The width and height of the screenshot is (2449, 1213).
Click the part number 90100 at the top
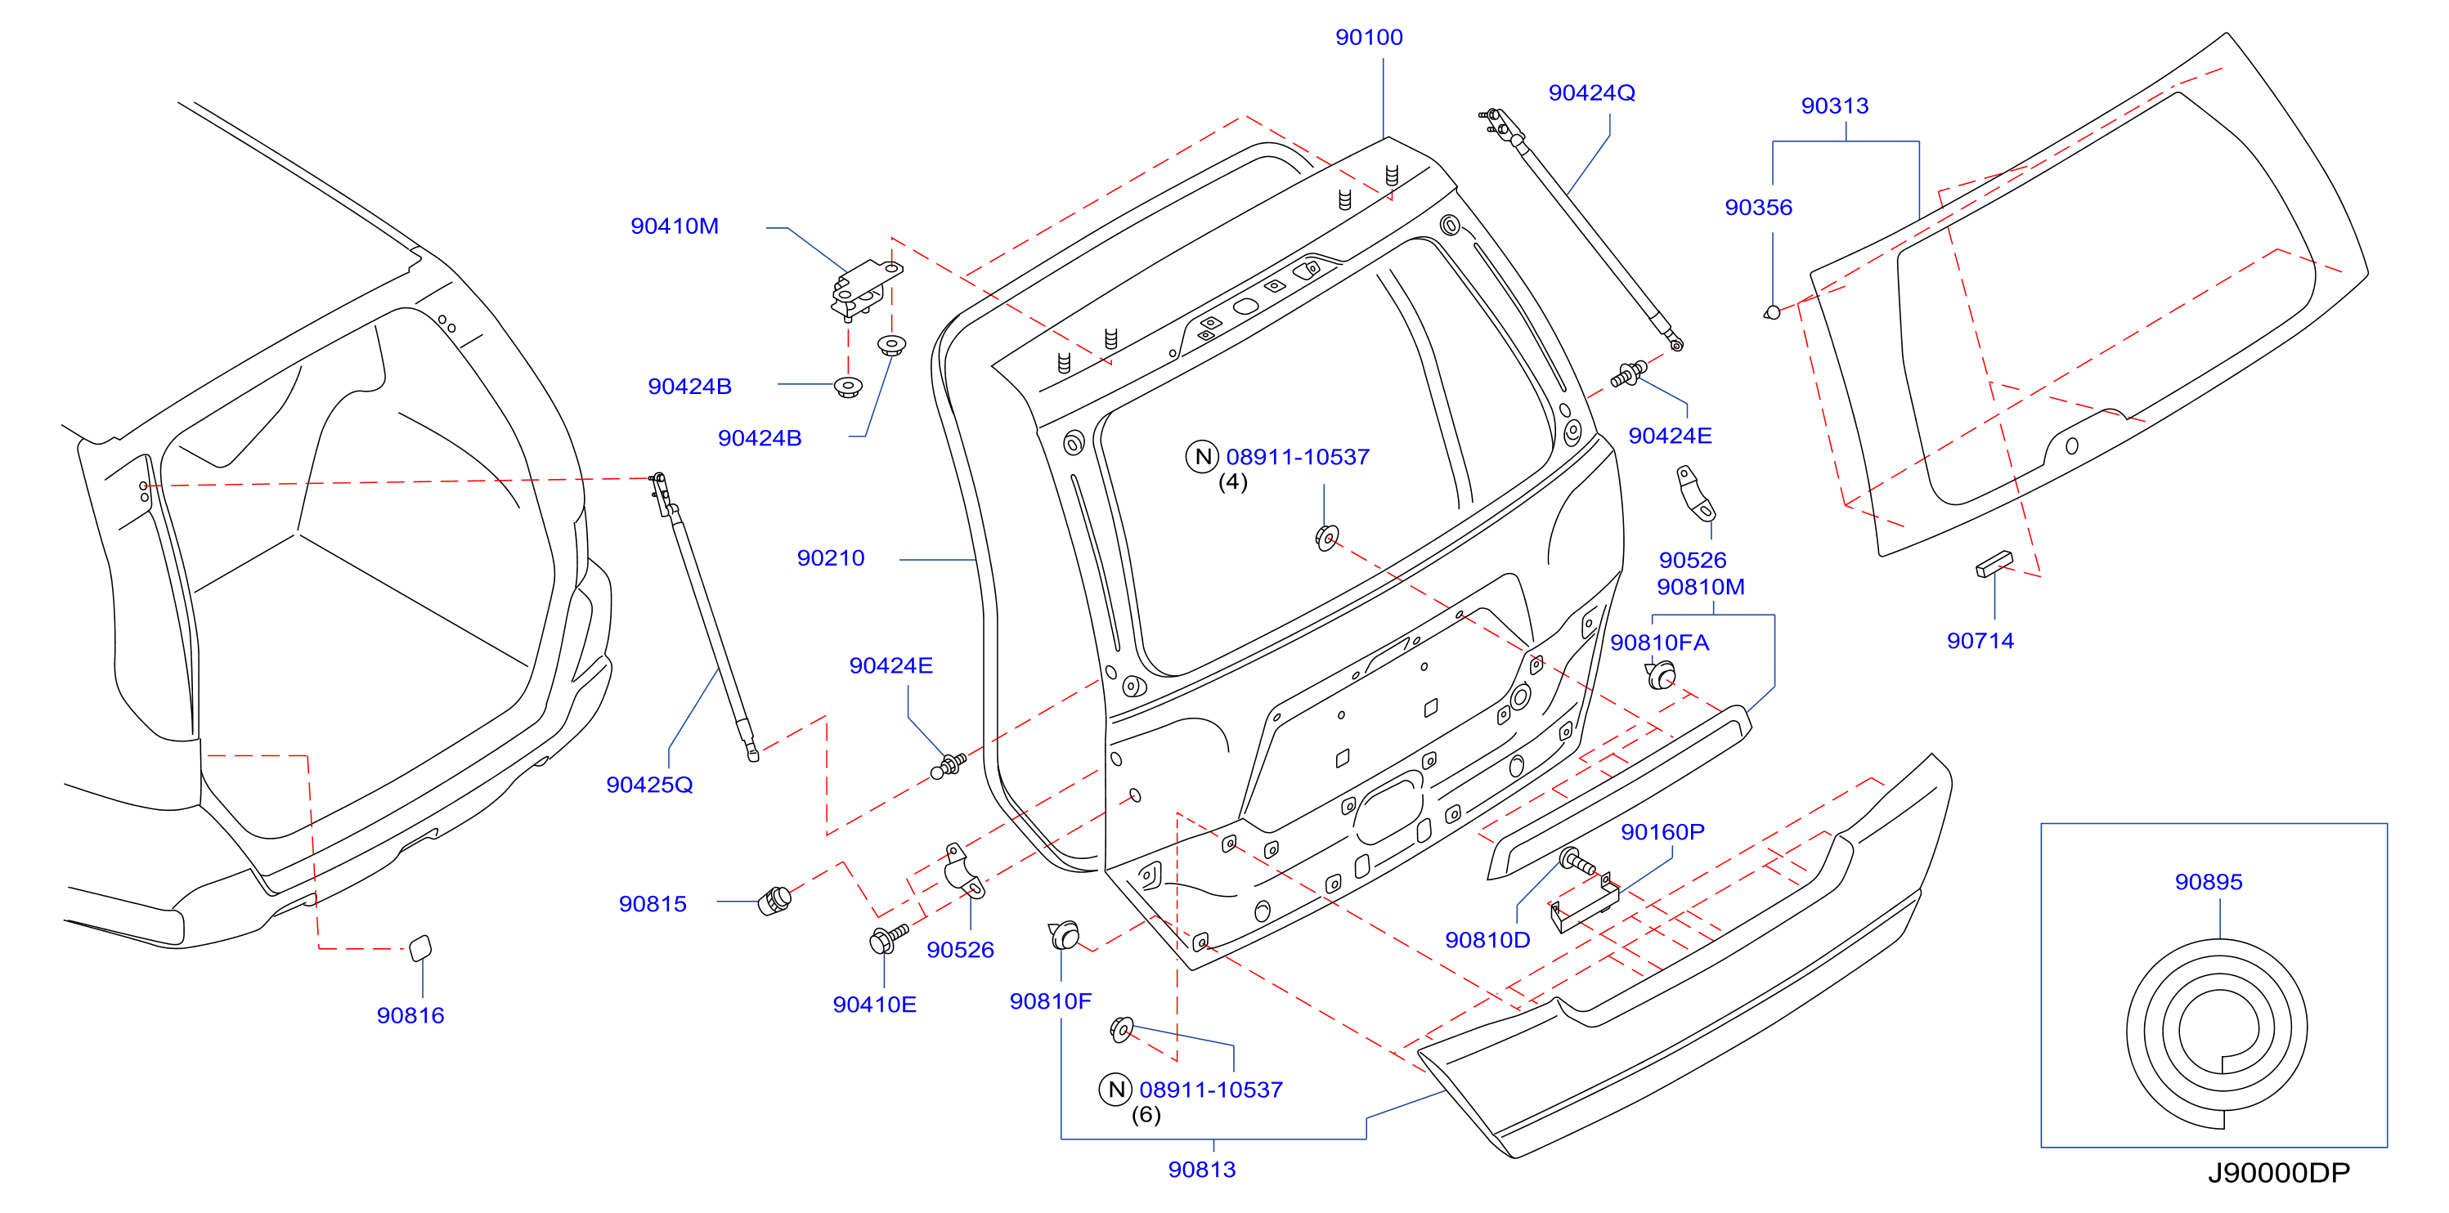click(1368, 37)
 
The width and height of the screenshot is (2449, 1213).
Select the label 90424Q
click(1591, 93)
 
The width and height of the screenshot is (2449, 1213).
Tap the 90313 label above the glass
click(1834, 105)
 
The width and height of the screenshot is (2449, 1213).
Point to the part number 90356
click(1758, 208)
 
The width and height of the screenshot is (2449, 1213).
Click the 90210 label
click(830, 558)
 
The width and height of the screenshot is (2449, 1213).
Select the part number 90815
click(653, 904)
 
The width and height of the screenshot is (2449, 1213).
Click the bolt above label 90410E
click(888, 938)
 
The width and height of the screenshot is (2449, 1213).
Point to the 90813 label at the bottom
click(1202, 1170)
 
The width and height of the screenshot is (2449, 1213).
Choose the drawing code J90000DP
click(2278, 1173)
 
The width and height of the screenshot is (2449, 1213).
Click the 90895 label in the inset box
click(2209, 882)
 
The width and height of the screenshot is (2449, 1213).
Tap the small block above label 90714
click(1994, 564)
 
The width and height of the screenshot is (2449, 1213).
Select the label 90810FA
click(1659, 643)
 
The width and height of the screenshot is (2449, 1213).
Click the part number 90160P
click(1662, 833)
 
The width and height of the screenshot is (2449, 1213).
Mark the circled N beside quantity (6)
click(1116, 1090)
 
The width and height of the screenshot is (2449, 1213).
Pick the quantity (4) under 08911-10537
click(1233, 482)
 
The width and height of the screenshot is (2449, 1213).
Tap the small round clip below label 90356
click(1771, 311)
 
